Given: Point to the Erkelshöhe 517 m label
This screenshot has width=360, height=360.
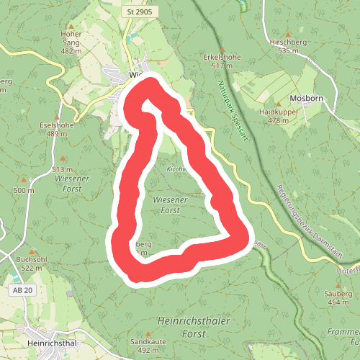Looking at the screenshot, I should click(x=222, y=61).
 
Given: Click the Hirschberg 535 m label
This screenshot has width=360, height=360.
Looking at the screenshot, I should click(x=288, y=46).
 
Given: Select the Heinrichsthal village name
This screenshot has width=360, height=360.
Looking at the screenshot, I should click(x=50, y=343).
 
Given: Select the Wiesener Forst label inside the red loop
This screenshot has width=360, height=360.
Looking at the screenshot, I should click(x=170, y=204).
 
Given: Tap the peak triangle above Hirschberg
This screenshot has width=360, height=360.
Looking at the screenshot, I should click(x=288, y=33).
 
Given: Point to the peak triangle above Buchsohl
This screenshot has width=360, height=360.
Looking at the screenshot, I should click(x=31, y=249).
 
